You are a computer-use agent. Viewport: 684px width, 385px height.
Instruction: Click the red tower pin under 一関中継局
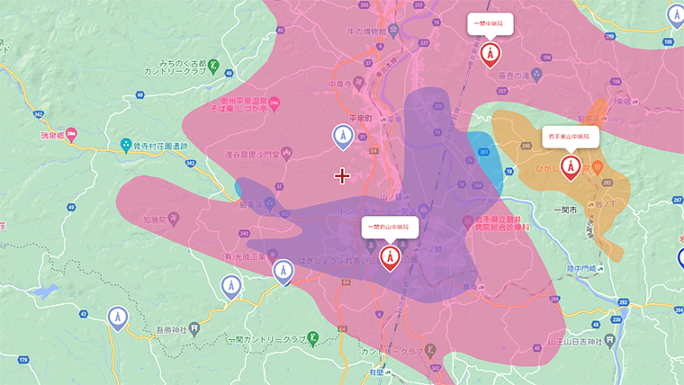point(490,55)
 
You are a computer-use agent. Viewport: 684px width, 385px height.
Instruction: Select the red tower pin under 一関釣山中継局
point(390,258)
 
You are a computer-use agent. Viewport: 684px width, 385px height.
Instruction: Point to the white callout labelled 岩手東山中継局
point(571,137)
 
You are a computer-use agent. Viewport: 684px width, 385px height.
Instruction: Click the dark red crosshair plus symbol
point(342,175)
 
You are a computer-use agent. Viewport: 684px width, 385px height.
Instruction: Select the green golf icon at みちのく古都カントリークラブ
point(213,66)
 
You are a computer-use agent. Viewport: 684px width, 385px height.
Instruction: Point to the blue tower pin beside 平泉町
point(342,136)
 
